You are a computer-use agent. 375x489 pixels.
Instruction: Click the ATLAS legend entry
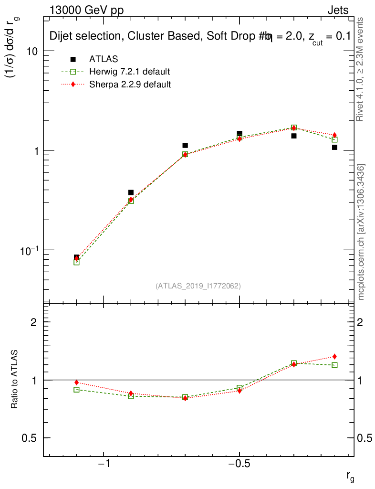[104, 59]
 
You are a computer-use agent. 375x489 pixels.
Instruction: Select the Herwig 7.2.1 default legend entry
[129, 72]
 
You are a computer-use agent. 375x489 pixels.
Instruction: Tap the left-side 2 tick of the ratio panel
[34, 322]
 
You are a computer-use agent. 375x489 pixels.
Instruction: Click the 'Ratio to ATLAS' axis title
[15, 380]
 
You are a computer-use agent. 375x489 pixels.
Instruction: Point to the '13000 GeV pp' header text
[86, 11]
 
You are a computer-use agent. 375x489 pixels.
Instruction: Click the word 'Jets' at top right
[338, 11]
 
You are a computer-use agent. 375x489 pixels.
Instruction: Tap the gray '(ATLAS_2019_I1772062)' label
[198, 286]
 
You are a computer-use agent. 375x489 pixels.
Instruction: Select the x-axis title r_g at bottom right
[350, 476]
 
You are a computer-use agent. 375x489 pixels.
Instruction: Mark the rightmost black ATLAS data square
[335, 147]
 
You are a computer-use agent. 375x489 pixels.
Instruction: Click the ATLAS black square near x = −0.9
[131, 192]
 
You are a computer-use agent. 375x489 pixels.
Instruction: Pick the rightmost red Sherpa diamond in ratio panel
[335, 356]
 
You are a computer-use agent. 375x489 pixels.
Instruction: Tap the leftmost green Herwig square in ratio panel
[76, 390]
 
